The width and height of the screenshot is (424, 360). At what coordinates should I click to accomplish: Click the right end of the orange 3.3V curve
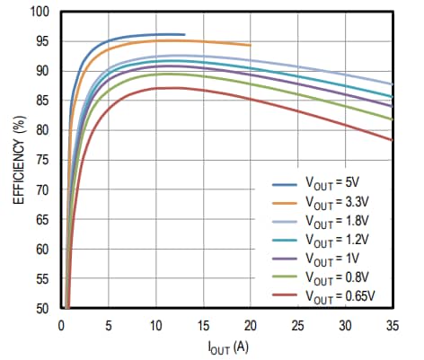[x=250, y=45]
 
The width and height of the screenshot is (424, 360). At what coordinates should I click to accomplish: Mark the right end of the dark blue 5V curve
[x=184, y=35]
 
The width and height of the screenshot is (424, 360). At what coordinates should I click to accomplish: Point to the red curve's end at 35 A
[x=392, y=139]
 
